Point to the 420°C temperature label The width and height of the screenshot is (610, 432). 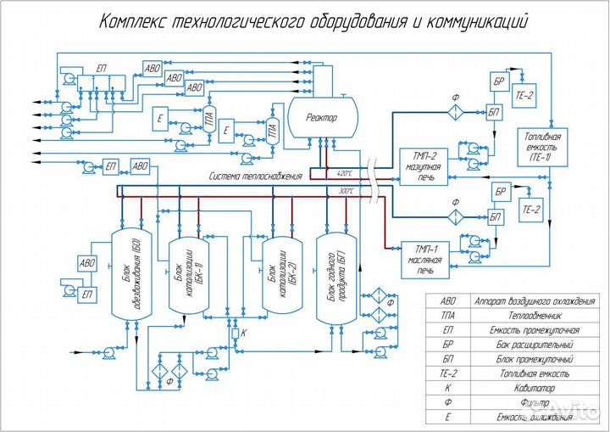(x=344, y=172)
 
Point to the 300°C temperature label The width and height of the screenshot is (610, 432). (x=346, y=191)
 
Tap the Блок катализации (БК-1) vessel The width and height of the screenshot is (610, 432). (x=186, y=275)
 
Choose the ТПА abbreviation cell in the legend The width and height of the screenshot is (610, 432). (x=446, y=314)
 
